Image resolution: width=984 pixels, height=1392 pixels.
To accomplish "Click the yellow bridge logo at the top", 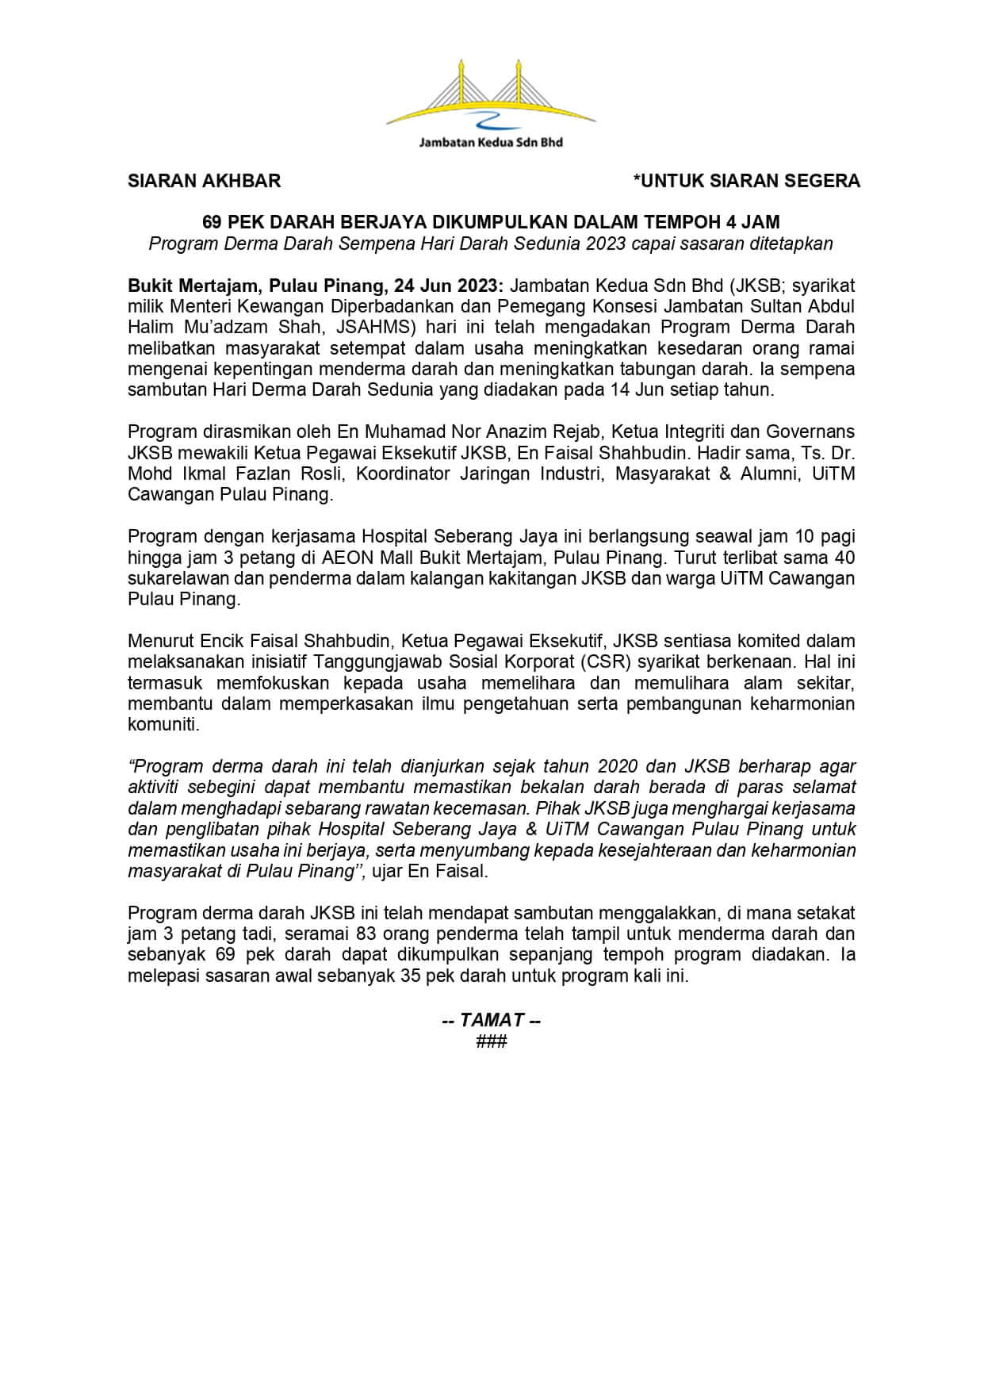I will [491, 94].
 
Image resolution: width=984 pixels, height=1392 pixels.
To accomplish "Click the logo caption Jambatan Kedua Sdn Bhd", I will [491, 143].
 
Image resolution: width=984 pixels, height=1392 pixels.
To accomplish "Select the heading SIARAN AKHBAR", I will [205, 181].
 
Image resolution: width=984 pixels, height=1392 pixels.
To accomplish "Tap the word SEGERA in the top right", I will [821, 181].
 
